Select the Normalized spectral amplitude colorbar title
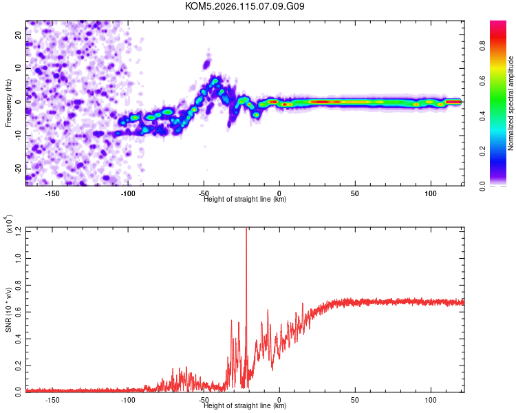511,103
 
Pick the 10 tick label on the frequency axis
19,67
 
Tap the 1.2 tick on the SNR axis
18,229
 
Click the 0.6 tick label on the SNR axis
18,310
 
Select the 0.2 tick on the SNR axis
18,363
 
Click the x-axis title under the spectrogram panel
245,200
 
